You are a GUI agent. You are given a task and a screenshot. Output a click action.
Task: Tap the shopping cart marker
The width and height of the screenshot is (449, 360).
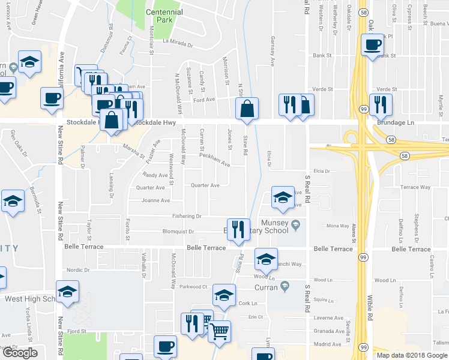pos(220,331)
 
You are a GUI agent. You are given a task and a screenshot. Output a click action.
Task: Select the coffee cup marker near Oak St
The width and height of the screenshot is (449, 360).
pos(373,45)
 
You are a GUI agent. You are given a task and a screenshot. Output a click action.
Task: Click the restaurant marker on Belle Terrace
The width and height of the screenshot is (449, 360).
pos(238,229)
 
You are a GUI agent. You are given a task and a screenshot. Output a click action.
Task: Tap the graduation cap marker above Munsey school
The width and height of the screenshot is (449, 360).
pos(283,199)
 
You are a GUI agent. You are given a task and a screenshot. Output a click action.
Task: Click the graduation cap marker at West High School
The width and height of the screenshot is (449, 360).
pos(68,292)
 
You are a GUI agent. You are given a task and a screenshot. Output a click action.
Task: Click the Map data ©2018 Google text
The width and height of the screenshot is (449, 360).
pos(411,355)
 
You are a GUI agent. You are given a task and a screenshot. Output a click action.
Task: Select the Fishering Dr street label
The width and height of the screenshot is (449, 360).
pos(186,216)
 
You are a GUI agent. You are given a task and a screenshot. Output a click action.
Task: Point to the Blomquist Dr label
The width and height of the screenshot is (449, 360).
pos(178,232)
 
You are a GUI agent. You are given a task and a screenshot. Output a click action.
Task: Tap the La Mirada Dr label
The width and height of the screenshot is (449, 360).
pos(178,44)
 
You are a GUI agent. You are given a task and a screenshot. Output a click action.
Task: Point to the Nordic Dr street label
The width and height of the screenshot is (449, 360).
pos(78,270)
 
